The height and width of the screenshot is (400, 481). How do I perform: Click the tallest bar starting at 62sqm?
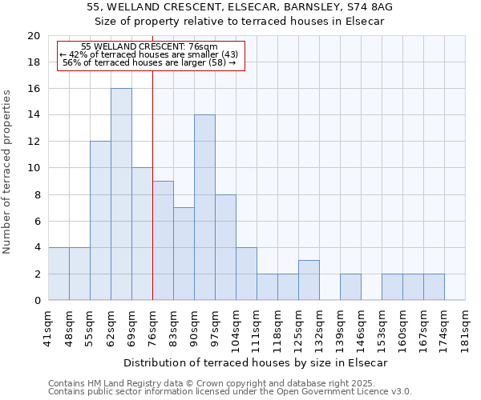(121, 194)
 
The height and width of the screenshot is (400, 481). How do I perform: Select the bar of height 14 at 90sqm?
(204, 208)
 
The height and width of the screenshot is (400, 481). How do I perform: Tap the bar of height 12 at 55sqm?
(100, 221)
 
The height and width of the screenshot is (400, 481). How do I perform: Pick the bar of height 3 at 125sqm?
(309, 280)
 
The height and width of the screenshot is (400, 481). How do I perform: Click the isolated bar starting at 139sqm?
(350, 286)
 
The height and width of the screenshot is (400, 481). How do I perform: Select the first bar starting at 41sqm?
(59, 274)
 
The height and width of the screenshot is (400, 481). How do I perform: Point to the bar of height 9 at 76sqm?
(163, 241)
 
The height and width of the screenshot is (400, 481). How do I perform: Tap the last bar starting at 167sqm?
(434, 286)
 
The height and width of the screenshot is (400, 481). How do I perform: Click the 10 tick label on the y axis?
(33, 168)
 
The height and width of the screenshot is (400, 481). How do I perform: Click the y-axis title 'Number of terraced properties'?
(7, 171)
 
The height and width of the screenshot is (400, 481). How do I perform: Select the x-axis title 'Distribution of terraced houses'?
(256, 363)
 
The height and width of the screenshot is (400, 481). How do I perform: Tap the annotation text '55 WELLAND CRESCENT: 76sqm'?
(149, 46)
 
